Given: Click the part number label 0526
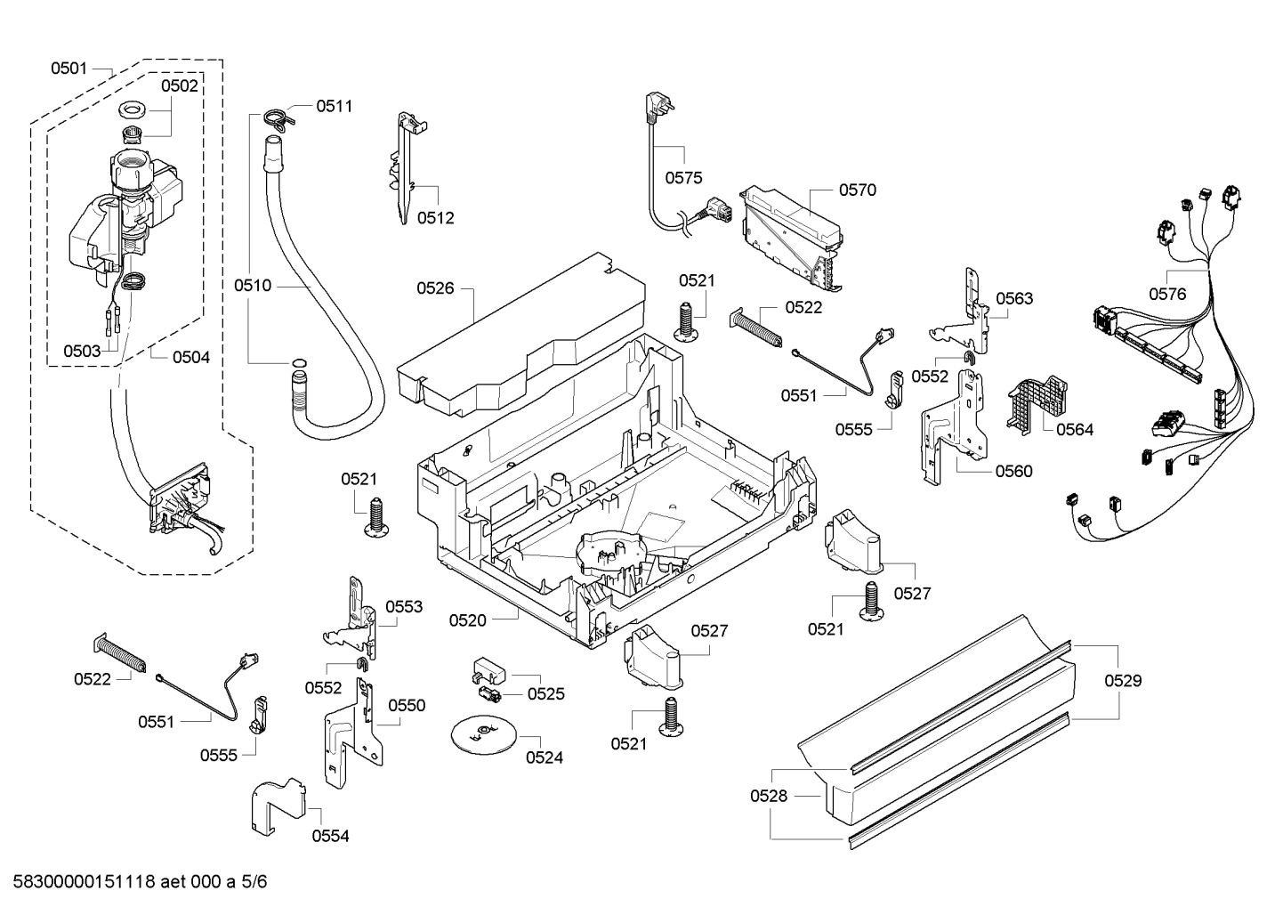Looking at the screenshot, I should click(435, 287).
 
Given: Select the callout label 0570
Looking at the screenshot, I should click(857, 190).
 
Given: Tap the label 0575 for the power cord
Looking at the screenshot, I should click(683, 178).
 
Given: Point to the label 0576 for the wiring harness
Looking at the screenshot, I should click(1167, 294).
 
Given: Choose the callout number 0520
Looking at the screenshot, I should click(467, 620).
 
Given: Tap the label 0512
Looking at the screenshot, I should click(436, 218).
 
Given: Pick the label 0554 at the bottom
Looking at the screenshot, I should click(330, 836).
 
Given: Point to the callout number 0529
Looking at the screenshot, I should click(1123, 681).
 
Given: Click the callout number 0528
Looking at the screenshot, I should click(769, 796).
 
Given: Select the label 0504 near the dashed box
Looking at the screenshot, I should click(191, 357).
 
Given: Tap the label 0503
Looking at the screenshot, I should click(82, 351).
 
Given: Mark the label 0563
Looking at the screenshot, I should click(1014, 298).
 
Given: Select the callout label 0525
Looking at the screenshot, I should click(545, 693).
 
